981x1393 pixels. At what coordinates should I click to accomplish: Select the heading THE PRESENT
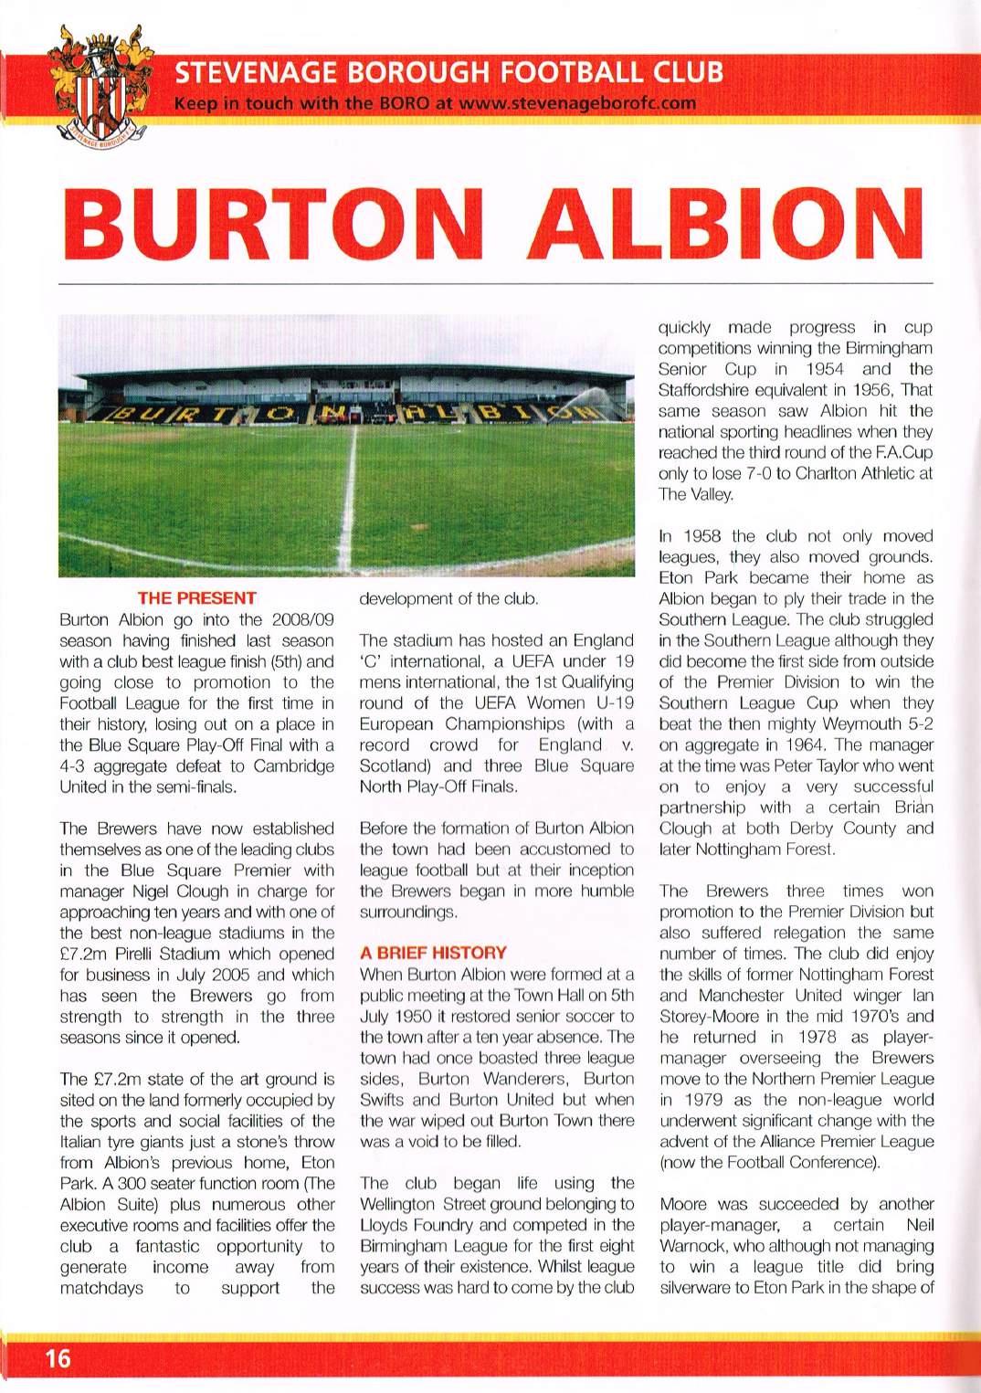pyautogui.click(x=196, y=599)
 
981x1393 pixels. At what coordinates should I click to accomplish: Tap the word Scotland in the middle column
pyautogui.click(x=394, y=765)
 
